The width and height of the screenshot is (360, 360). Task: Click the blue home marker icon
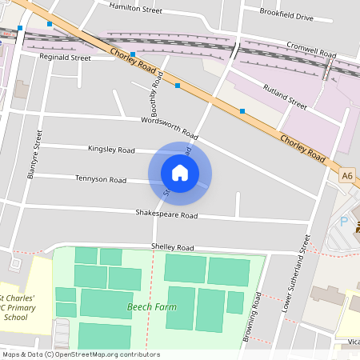(180, 171)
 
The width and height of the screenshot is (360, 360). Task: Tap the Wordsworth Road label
(169, 126)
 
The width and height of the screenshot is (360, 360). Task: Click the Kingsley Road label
(111, 149)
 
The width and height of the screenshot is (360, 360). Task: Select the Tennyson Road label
(101, 178)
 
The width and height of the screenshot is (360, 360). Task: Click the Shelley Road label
(173, 247)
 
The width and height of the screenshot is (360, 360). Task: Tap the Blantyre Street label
(33, 155)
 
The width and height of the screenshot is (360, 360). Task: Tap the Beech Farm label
(150, 306)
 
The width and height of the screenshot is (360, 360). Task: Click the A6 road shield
(346, 175)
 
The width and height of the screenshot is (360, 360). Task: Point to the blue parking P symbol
(344, 222)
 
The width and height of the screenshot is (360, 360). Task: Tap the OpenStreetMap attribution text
(81, 354)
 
